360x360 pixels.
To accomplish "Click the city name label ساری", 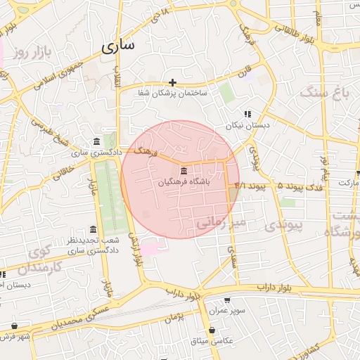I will (x=117, y=46).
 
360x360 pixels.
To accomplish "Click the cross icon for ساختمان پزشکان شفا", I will (x=172, y=82).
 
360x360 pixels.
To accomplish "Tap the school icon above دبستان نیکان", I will (x=247, y=114).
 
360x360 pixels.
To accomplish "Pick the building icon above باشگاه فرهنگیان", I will (x=184, y=172).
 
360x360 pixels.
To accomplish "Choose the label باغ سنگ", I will (x=324, y=92).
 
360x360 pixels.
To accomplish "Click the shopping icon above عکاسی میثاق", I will (x=212, y=330).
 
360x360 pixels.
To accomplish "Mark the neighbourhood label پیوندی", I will (x=285, y=224).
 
